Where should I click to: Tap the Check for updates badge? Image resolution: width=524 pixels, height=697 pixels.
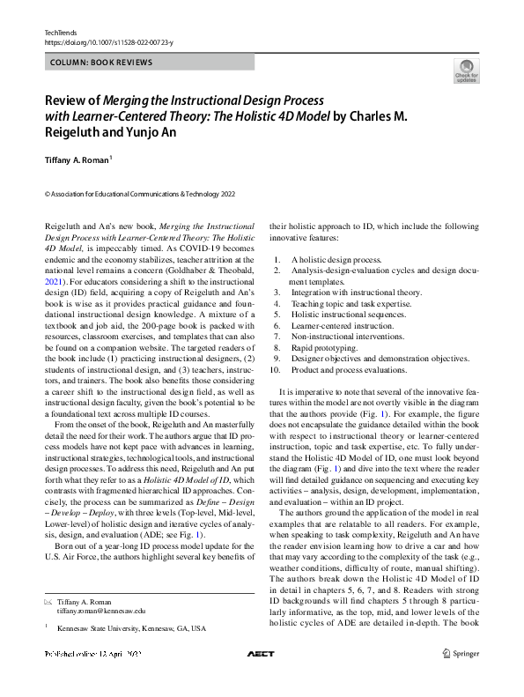pos(466,70)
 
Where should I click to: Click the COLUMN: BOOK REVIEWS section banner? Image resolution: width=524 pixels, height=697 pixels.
pos(98,63)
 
